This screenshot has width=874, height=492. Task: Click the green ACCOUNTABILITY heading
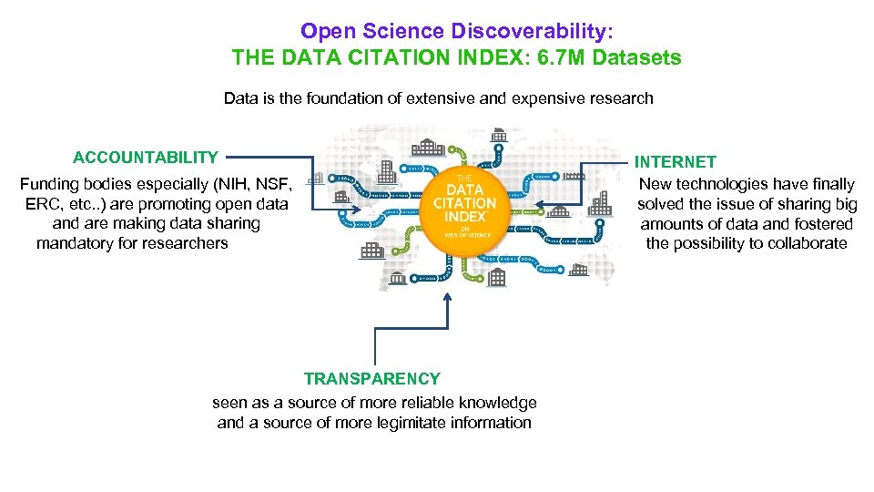coord(146,157)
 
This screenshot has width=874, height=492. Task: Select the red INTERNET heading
coord(676,162)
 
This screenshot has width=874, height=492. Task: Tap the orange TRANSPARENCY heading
coord(371,379)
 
